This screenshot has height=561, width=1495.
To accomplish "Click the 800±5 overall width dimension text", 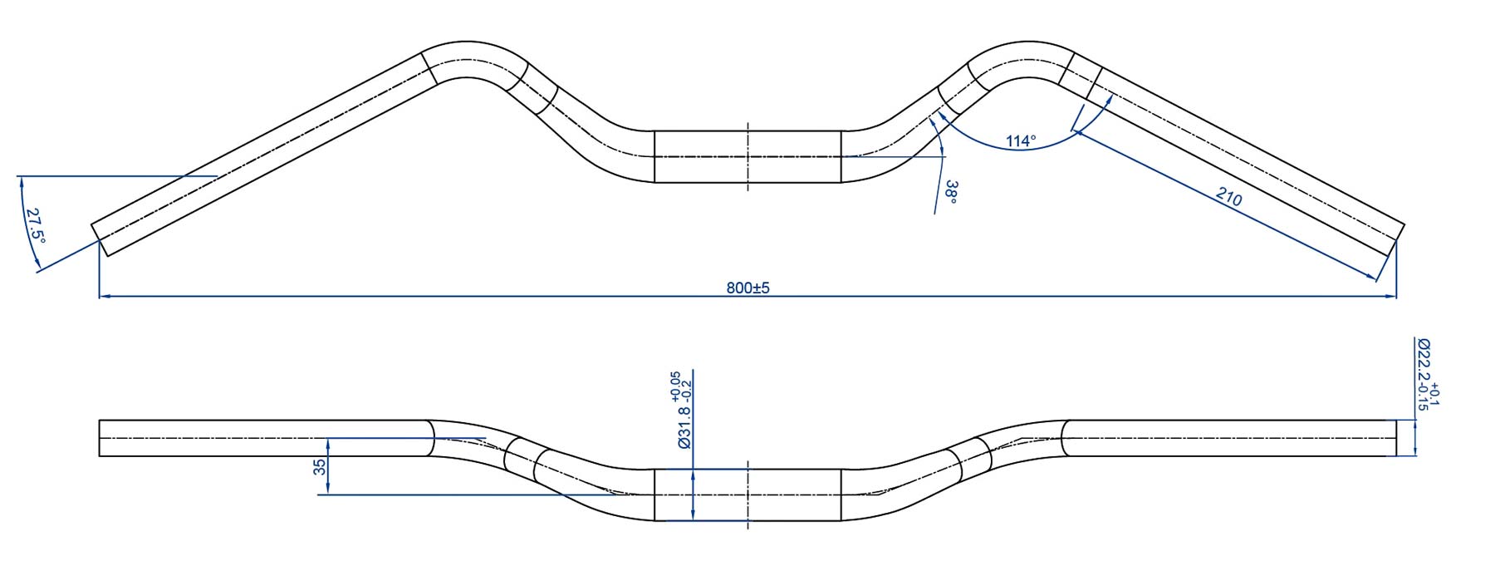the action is [747, 288].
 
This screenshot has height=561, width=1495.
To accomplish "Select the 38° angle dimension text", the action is [951, 192].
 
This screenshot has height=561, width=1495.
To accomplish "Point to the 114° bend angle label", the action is [1021, 141].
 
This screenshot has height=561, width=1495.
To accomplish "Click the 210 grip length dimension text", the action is [1229, 197].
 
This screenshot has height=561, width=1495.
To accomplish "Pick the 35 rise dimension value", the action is [320, 467].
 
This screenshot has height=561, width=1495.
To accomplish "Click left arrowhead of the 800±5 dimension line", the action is [105, 296].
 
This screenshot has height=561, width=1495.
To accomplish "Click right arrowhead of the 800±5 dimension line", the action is [1390, 296].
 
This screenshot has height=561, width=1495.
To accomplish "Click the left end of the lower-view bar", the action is [99, 438].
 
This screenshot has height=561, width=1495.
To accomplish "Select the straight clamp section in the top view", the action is [747, 156].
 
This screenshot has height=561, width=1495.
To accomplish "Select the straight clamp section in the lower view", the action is [747, 495].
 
